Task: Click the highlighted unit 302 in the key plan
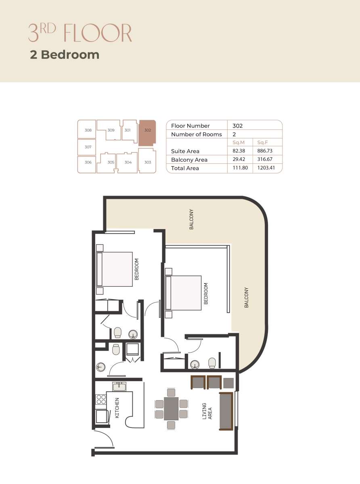pyautogui.click(x=147, y=133)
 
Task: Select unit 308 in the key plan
pyautogui.click(x=87, y=129)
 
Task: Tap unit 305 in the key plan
pyautogui.click(x=106, y=163)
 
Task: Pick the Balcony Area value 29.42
pyautogui.click(x=239, y=159)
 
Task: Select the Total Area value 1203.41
pyautogui.click(x=266, y=168)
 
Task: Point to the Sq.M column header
pyautogui.click(x=239, y=142)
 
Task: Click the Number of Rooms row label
pyautogui.click(x=197, y=134)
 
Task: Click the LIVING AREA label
pyautogui.click(x=207, y=411)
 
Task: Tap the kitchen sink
pyautogui.click(x=119, y=387)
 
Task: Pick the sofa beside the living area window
pyautogui.click(x=226, y=411)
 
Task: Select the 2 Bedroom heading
pyautogui.click(x=65, y=54)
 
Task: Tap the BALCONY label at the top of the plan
pyautogui.click(x=191, y=219)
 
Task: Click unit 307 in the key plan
pyautogui.click(x=87, y=147)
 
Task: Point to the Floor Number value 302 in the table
pyautogui.click(x=237, y=126)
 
